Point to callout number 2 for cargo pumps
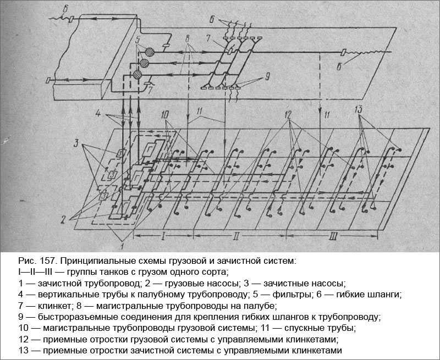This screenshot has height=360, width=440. pos(65,218)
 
